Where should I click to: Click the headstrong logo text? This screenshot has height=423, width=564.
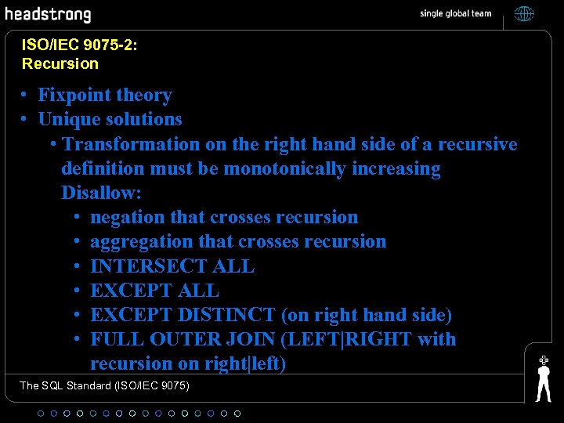[48, 14]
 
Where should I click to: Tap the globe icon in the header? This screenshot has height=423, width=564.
[524, 13]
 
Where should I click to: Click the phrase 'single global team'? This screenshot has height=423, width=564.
[456, 13]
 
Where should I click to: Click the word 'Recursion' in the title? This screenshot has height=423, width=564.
[60, 63]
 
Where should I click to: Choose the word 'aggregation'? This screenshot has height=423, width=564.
[136, 241]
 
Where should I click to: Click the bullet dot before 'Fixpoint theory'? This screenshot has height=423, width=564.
[26, 96]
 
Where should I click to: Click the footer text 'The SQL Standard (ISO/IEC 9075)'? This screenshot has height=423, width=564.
[105, 385]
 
